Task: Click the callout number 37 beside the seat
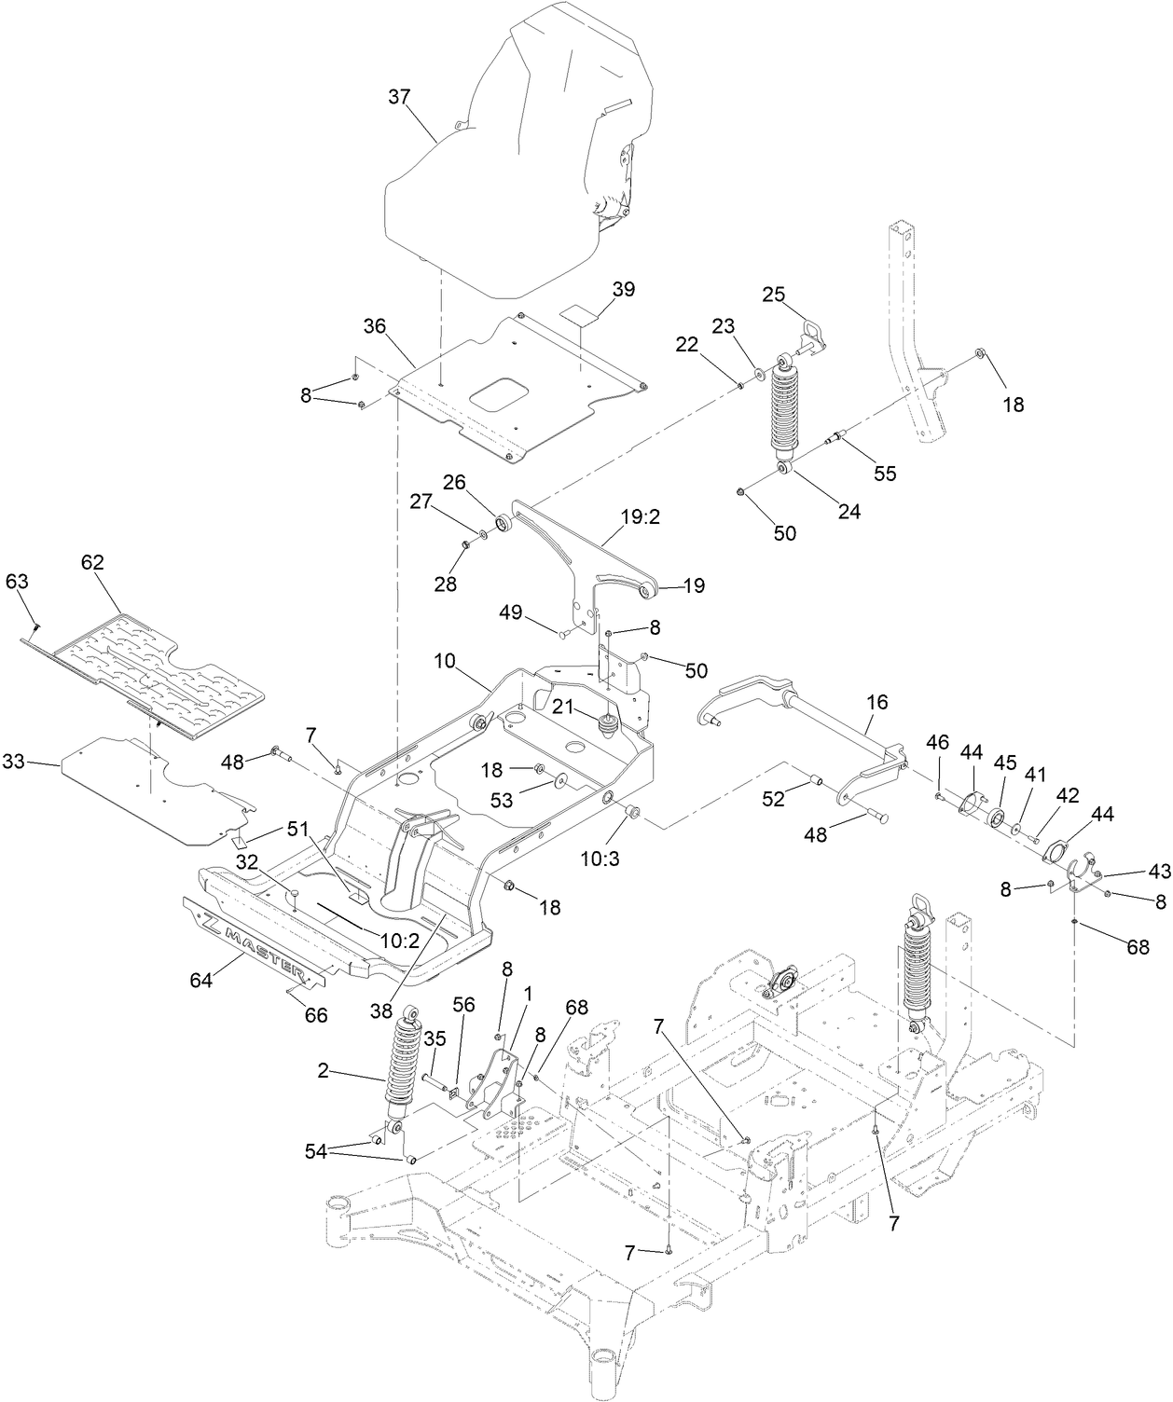[399, 98]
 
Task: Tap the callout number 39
[623, 289]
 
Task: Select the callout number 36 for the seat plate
[374, 325]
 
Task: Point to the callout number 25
[773, 295]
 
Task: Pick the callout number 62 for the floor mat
[92, 562]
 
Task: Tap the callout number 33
[38, 763]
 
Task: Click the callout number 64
[202, 980]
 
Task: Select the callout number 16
[877, 701]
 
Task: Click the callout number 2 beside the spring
[324, 1072]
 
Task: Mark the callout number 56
[463, 1004]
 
